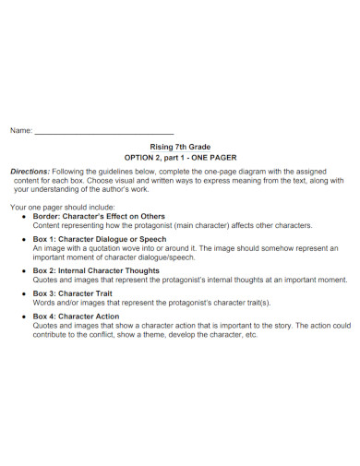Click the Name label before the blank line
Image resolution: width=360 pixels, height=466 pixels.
20,131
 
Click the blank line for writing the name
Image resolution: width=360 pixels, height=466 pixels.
103,133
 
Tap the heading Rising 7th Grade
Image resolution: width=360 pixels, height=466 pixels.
180,146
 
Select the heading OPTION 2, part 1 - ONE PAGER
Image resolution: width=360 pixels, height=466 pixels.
180,157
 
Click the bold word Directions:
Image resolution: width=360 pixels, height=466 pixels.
30,172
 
